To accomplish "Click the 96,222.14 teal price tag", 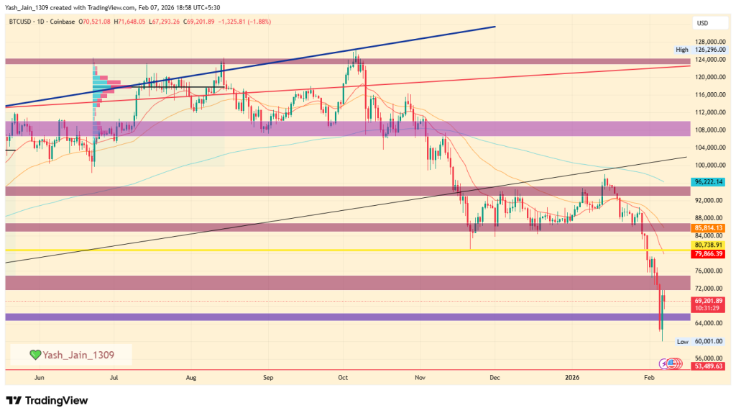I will (708, 183).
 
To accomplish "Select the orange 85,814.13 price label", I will (708, 228).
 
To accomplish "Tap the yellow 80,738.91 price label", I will (708, 245).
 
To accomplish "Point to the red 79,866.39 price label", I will (708, 254).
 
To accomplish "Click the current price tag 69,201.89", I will (708, 300).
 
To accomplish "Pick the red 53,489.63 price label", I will (708, 366).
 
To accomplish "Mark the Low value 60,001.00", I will (708, 342).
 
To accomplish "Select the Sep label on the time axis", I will (268, 377).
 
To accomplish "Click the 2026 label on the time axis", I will (573, 377).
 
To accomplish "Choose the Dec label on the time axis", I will (494, 377).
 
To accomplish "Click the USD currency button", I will (702, 23).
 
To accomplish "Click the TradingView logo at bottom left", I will (47, 400).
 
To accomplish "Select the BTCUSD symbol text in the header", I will (24, 22).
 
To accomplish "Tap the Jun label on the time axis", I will (40, 377).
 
